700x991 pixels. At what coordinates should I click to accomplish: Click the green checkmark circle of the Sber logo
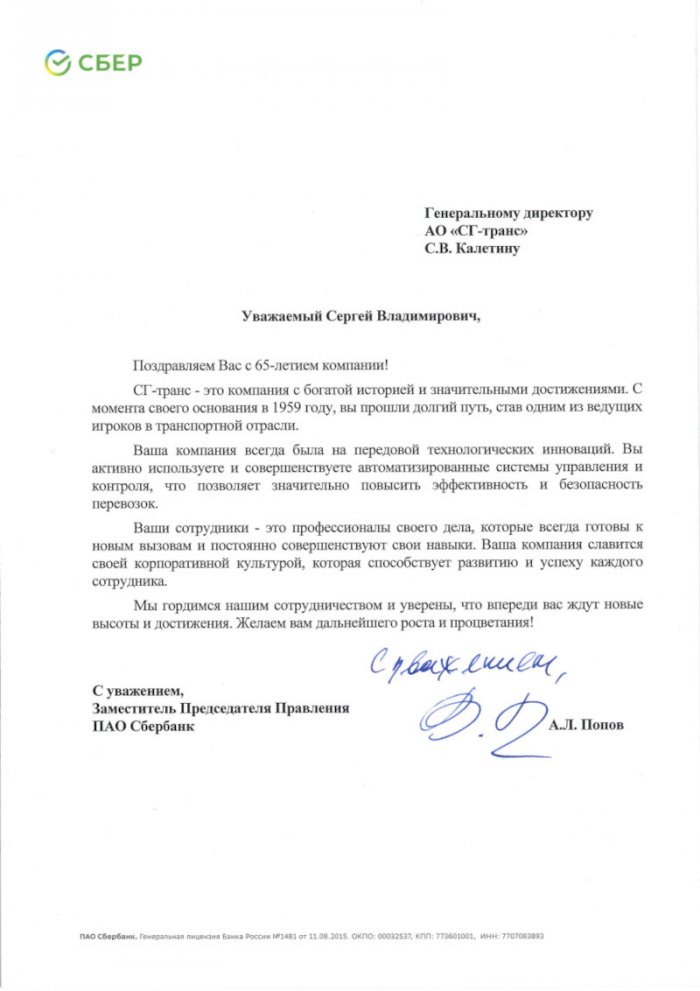[x=56, y=64]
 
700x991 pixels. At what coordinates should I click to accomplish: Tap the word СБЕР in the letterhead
[x=109, y=64]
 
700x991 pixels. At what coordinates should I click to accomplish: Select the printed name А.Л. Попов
[x=586, y=725]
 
